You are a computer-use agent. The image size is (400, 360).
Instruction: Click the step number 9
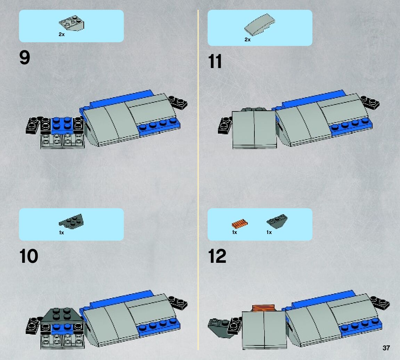coord(24,58)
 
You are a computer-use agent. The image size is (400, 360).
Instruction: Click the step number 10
coord(28,256)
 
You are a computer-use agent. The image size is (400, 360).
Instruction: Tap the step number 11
coord(215,61)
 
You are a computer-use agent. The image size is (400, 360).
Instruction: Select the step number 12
coord(217,256)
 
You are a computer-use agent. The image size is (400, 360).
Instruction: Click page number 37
coord(386,348)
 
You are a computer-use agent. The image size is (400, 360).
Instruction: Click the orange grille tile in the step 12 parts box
coord(239,224)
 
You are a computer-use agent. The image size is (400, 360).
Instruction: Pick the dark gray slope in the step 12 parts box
coord(277,221)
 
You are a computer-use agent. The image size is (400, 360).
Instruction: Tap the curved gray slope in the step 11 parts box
coord(260,24)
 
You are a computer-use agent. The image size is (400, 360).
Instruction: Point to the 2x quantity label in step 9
coord(62,34)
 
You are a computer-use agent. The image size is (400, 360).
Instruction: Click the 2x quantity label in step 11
coord(247,40)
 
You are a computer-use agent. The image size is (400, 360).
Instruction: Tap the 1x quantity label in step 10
coord(62,233)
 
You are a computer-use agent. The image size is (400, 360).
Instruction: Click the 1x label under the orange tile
coord(235,232)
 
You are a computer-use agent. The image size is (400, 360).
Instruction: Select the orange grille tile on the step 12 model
coord(264,308)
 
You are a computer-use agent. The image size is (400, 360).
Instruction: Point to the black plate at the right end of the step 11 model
coord(370,102)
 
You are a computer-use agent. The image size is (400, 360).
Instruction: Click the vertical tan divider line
coord(198,180)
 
